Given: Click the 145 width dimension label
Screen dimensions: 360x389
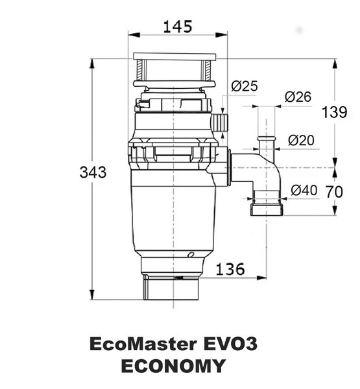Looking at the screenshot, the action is [x=178, y=27].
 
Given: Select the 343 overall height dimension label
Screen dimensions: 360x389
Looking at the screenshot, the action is [x=93, y=172].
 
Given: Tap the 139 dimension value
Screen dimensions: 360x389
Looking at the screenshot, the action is [x=335, y=112].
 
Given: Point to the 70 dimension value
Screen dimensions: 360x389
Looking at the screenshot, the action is [x=334, y=192].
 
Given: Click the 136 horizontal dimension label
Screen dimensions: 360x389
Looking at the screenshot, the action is [x=230, y=269].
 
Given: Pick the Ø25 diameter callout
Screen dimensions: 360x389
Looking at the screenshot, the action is [x=245, y=86].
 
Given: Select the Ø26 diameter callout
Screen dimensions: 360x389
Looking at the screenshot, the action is [x=298, y=97].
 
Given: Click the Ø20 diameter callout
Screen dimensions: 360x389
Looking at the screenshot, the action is [x=301, y=141].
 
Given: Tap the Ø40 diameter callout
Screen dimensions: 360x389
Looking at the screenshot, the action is [x=304, y=191].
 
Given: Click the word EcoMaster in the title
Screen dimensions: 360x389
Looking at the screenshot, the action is [x=143, y=344].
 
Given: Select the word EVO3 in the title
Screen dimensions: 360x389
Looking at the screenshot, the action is [x=230, y=344].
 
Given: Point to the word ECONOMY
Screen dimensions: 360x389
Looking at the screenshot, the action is [x=173, y=366].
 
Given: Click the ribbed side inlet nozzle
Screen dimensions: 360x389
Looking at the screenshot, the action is [x=219, y=123].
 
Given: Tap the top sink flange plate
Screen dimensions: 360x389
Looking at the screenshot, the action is [x=175, y=56].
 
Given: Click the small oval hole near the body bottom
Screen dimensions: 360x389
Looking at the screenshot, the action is [x=191, y=255].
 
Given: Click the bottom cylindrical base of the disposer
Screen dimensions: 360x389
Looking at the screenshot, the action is [x=171, y=288].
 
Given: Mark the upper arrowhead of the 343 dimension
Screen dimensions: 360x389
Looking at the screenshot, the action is [x=92, y=64].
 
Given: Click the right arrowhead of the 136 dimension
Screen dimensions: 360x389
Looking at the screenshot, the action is [x=261, y=278].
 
